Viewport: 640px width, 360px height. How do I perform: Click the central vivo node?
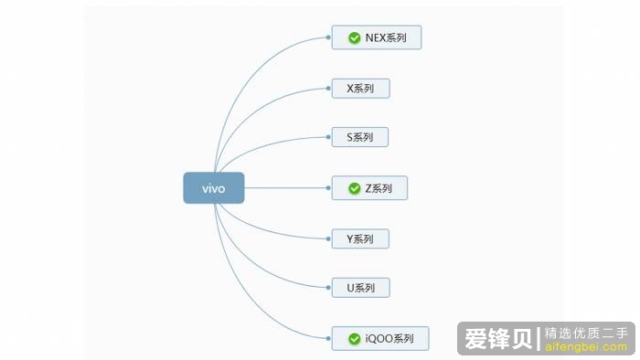pyautogui.click(x=213, y=188)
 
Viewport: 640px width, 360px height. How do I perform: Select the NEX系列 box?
pyautogui.click(x=377, y=37)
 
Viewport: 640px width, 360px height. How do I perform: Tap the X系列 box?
pyautogui.click(x=360, y=88)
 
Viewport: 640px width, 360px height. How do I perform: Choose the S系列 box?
pyautogui.click(x=360, y=137)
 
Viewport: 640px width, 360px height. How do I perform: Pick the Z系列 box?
pyautogui.click(x=369, y=188)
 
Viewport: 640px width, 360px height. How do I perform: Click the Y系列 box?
pyautogui.click(x=360, y=238)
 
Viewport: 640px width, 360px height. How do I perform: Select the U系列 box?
pyautogui.click(x=360, y=288)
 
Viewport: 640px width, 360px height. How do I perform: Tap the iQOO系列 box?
pyautogui.click(x=380, y=338)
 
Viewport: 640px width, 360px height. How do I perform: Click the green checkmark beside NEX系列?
pyautogui.click(x=354, y=37)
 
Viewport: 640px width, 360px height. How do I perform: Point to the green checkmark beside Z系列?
pyautogui.click(x=354, y=188)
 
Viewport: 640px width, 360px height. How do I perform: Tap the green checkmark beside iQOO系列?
pyautogui.click(x=354, y=338)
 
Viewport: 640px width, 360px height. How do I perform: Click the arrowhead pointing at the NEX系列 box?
pyautogui.click(x=327, y=37)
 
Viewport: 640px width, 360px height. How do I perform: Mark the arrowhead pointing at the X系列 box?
pyautogui.click(x=327, y=88)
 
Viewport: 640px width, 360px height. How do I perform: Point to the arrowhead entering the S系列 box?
pyautogui.click(x=327, y=137)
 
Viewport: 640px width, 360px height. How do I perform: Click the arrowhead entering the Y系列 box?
pyautogui.click(x=327, y=238)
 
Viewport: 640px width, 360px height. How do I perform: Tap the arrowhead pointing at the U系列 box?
pyautogui.click(x=327, y=288)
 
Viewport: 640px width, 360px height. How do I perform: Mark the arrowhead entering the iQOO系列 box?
pyautogui.click(x=327, y=338)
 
